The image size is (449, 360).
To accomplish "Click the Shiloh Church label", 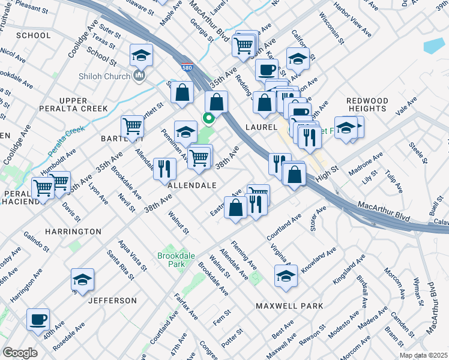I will point(105,76).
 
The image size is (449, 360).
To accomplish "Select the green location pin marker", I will point(209,118).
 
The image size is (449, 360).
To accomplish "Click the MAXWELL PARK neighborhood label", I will point(289,306).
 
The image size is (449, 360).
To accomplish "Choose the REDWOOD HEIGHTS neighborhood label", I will point(367,104).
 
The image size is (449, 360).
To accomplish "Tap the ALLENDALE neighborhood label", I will point(191,186).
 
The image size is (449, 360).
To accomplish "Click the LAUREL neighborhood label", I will point(261,127).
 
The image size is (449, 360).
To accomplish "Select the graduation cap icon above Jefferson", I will point(82,279).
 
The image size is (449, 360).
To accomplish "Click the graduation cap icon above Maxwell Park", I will point(286,276).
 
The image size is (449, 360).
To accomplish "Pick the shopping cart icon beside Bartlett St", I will point(133,126).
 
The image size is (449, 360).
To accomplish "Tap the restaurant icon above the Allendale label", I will point(164,168).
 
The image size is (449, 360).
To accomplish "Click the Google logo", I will point(20,353).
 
